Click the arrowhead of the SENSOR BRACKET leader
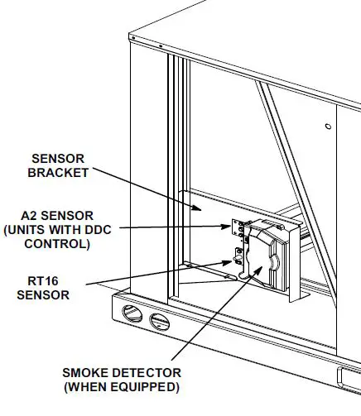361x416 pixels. coord(201,208)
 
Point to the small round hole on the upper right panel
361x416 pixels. coord(329,126)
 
